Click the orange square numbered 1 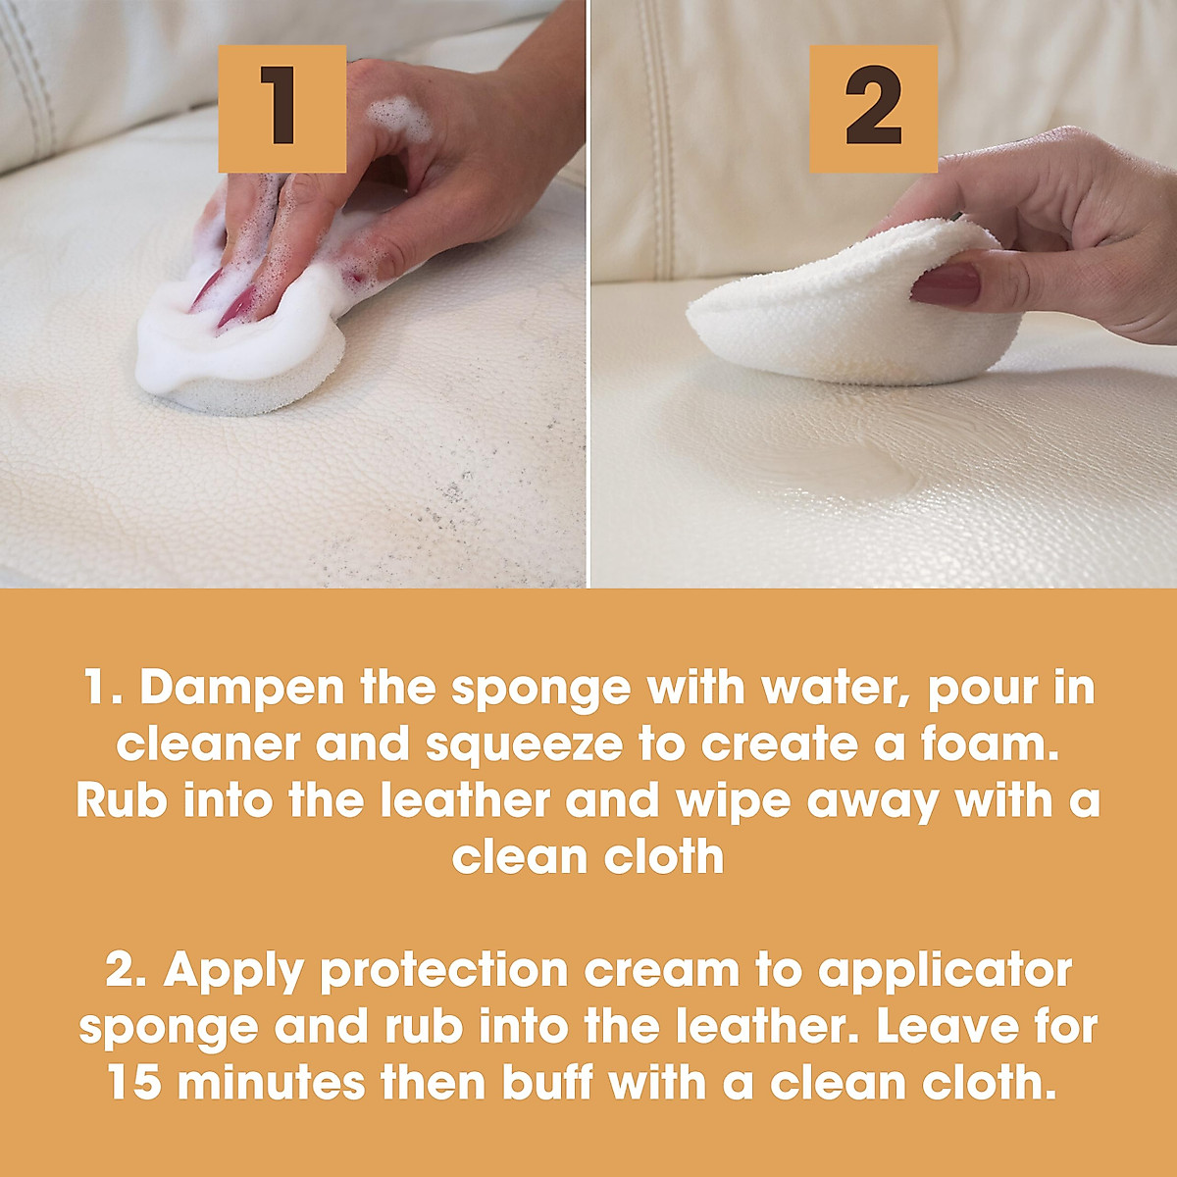(x=281, y=109)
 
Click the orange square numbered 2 (x=873, y=109)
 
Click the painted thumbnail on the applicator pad (x=947, y=285)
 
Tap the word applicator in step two (x=945, y=970)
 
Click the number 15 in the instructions (x=136, y=1083)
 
